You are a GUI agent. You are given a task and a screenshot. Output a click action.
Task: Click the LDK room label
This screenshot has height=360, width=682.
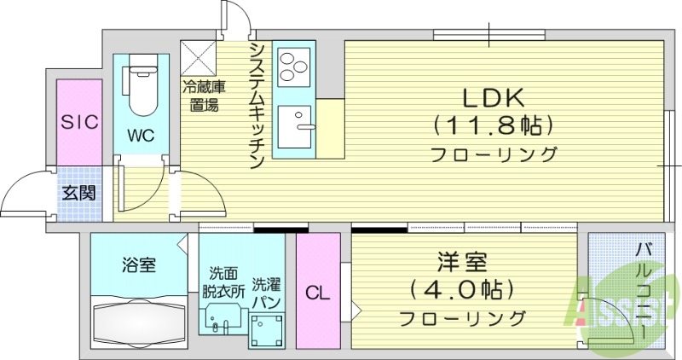pyautogui.click(x=493, y=97)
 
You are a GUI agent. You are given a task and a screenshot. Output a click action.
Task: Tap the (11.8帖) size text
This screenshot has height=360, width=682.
pyautogui.click(x=494, y=126)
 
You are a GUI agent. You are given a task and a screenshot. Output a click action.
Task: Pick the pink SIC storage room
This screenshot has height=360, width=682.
pyautogui.click(x=79, y=121)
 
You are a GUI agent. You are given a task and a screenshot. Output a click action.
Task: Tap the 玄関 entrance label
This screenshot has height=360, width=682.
pyautogui.click(x=78, y=192)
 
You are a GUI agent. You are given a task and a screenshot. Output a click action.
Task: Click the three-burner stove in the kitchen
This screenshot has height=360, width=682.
pyautogui.click(x=294, y=63)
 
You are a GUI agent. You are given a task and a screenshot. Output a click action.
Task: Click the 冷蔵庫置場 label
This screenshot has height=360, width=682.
pyautogui.click(x=201, y=96)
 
